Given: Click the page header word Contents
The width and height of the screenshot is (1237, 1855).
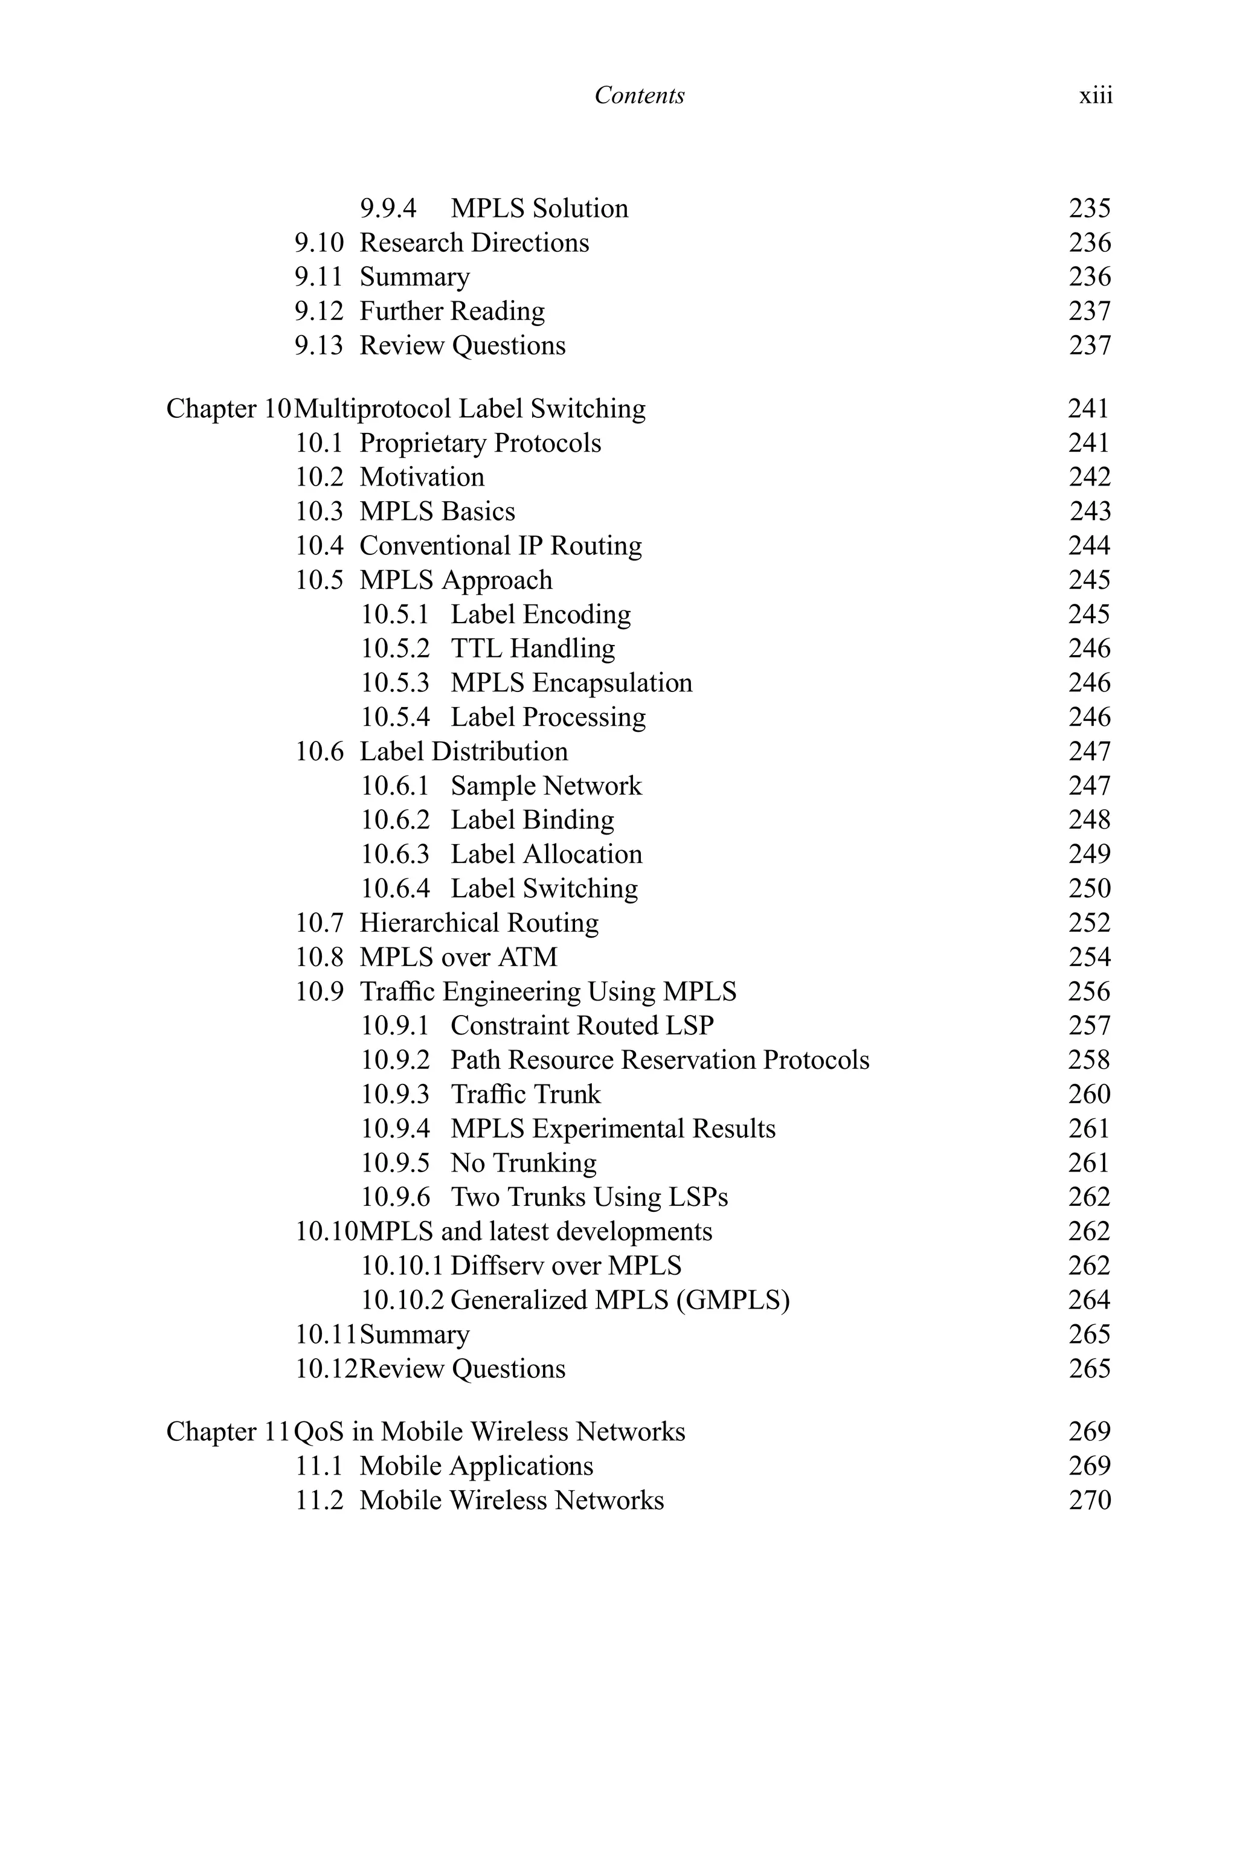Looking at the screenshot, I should tap(639, 95).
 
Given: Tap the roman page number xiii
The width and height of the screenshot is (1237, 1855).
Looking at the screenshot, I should tap(1096, 95).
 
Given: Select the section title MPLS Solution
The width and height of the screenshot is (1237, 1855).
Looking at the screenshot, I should tap(539, 208).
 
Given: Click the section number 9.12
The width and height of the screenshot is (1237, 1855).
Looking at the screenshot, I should tap(319, 312).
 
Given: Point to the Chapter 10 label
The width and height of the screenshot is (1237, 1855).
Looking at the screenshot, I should tap(229, 409).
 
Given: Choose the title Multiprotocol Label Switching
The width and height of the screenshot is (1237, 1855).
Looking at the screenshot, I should tap(470, 409).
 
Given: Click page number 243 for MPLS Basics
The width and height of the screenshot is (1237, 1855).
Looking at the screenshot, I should tap(1090, 511).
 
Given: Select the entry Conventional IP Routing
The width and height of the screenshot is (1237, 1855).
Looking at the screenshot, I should tap(501, 546).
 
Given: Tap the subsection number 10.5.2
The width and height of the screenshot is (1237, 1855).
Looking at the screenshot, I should tap(395, 649).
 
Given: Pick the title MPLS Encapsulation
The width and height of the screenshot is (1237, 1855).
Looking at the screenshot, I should tap(571, 683).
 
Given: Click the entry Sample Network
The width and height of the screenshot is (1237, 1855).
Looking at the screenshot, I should tap(546, 786).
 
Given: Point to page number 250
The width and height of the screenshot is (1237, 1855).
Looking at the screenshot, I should tap(1090, 888).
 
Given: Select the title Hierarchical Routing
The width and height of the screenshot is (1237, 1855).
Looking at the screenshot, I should tap(479, 923).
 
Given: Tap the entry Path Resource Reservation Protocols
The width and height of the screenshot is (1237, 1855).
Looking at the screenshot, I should tap(660, 1060).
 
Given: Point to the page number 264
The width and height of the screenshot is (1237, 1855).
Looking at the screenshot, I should tap(1090, 1299).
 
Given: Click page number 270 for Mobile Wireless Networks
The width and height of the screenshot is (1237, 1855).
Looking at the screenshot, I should tap(1090, 1500).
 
